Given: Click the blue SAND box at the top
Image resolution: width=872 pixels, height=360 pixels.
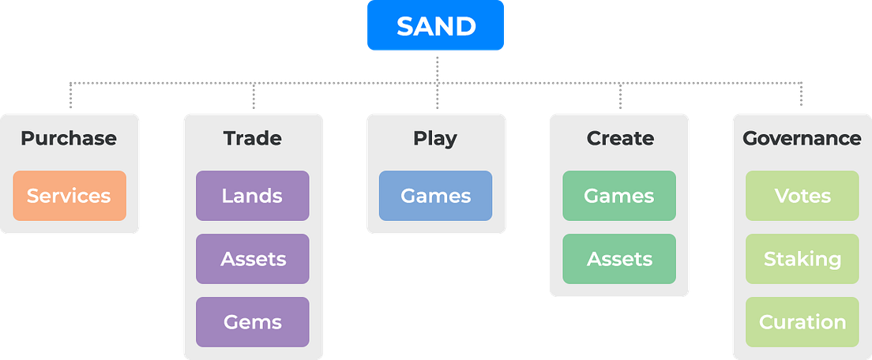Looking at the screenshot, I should click(436, 26).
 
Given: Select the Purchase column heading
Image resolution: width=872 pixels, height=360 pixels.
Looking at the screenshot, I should click(69, 138).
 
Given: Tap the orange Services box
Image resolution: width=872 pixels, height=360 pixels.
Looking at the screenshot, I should click(69, 196).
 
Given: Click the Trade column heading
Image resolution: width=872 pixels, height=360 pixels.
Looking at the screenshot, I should click(253, 138).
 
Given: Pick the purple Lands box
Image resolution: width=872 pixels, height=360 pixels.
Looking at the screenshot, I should click(253, 196).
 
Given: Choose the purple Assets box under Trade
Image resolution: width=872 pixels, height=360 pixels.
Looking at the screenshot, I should click(253, 259).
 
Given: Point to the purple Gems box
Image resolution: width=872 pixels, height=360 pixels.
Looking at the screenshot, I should click(253, 322).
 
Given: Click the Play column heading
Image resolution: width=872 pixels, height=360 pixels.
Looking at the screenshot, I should click(435, 138).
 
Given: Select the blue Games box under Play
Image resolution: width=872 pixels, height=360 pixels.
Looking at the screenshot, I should click(435, 196).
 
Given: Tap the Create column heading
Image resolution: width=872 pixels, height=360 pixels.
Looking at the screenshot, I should click(620, 138).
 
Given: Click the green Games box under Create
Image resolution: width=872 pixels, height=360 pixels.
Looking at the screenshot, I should click(619, 196).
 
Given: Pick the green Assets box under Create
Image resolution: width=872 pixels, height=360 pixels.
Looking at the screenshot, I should click(619, 259).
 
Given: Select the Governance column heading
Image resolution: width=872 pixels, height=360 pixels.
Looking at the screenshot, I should click(802, 138).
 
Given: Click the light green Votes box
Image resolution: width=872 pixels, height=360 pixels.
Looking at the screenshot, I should click(802, 196).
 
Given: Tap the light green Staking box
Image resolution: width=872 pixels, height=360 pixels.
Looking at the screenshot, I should click(802, 259).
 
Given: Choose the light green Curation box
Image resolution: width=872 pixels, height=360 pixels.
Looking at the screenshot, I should click(802, 322).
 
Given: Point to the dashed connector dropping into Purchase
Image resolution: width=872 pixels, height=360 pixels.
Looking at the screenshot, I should click(70, 95).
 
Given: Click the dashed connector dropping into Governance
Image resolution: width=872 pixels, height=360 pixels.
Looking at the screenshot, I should click(803, 95).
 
